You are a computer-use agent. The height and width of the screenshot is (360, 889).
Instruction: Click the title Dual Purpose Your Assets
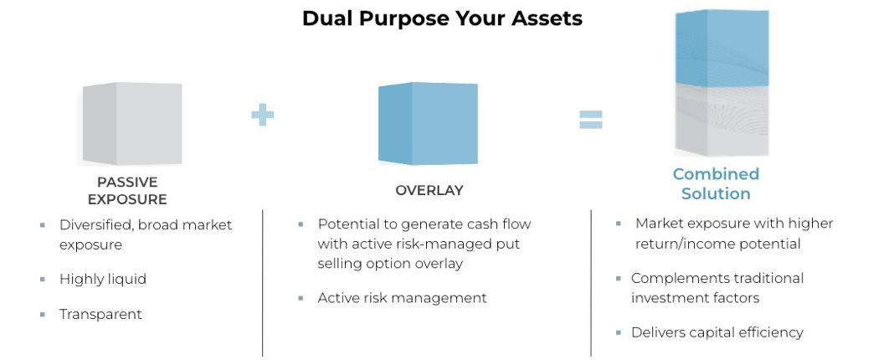pos(442,18)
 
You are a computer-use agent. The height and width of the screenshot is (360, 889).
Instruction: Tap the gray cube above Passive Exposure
pos(131,123)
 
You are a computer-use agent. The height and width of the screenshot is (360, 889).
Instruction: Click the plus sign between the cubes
pos(262,114)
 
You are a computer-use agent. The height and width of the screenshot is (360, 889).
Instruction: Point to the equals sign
pos(591,120)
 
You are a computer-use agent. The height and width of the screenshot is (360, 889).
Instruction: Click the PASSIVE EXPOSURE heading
pos(127,191)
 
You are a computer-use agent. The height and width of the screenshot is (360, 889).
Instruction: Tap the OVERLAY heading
pos(429,190)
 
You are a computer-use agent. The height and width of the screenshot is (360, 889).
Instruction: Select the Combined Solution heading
pos(716,183)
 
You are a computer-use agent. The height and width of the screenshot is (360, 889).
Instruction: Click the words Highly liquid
pos(102,279)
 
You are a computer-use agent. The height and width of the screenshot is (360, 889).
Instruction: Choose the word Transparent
pos(100,315)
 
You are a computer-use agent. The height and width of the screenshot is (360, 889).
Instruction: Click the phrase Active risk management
pos(402,297)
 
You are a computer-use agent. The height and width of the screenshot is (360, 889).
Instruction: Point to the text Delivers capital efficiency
pos(717,332)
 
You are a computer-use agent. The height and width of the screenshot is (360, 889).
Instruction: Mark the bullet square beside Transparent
pos(42,315)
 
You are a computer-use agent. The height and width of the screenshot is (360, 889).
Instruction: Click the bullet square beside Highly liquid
pos(42,279)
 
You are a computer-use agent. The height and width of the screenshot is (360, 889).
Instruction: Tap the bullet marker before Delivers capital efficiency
pos(619,332)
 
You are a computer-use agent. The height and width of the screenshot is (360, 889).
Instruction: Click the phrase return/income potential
pos(717,244)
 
